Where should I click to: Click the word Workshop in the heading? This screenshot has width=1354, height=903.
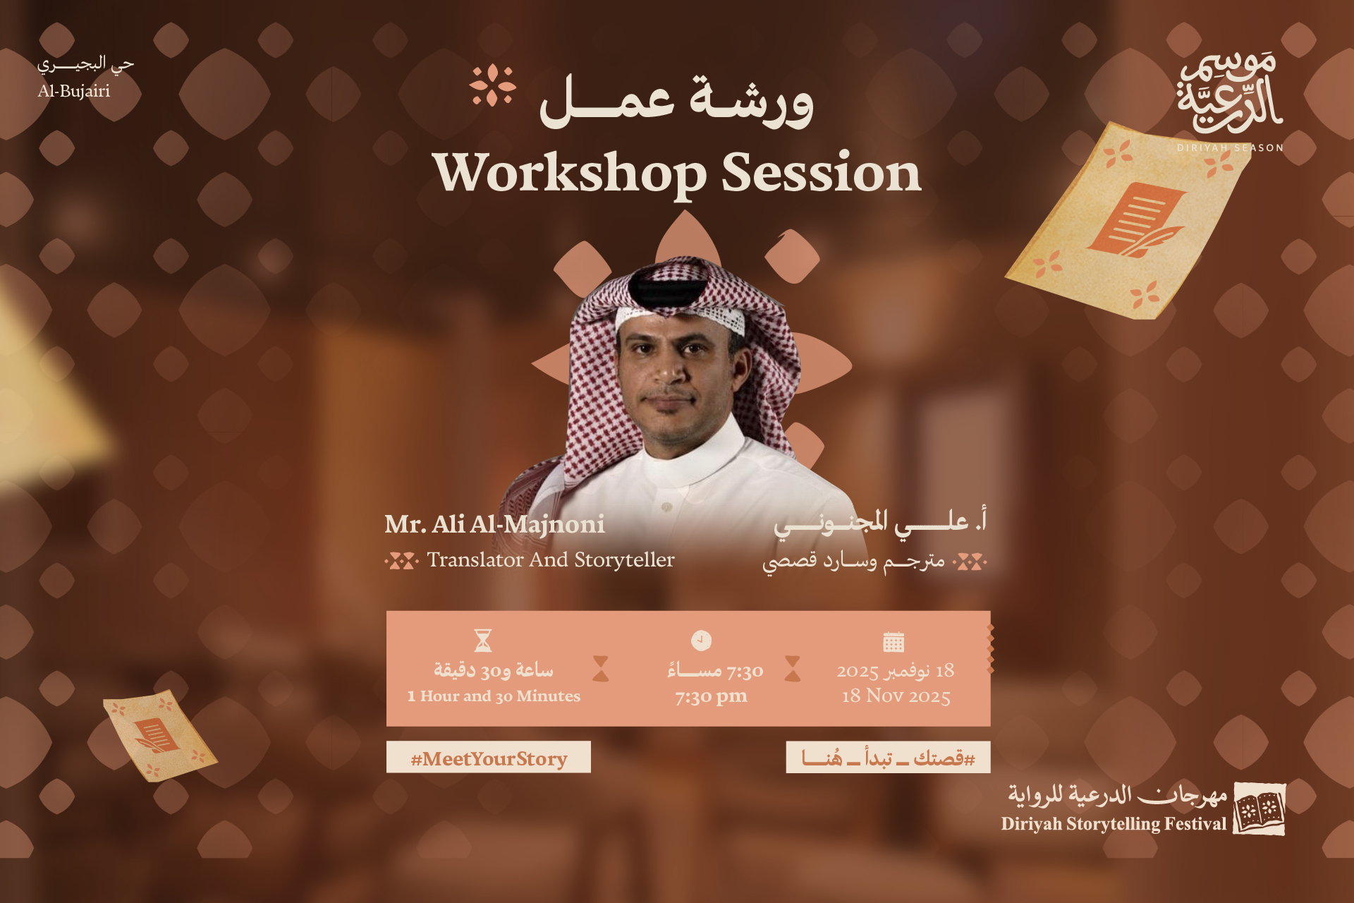tap(570, 173)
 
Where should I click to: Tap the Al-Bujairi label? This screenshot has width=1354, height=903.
tap(74, 91)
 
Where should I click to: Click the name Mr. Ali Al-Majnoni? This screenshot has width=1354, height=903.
tap(494, 524)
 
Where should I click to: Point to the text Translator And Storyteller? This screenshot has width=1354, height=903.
tap(551, 559)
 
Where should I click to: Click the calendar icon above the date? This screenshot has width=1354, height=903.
tap(893, 641)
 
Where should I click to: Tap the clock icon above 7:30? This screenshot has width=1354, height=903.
tap(701, 640)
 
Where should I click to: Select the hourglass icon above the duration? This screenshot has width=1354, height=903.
tap(483, 641)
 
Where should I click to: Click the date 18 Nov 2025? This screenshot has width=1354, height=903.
tap(896, 696)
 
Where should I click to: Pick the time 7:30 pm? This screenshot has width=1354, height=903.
tap(711, 696)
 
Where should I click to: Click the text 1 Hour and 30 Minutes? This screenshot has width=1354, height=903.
tap(494, 696)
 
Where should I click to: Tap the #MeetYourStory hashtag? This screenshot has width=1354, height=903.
tap(489, 758)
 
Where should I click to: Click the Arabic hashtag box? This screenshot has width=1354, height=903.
tap(888, 758)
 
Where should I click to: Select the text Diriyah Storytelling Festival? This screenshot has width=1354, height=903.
tap(1114, 824)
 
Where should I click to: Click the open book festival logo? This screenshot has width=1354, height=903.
tap(1260, 808)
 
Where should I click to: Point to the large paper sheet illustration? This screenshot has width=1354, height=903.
tap(1127, 221)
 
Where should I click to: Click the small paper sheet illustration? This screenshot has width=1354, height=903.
tap(159, 735)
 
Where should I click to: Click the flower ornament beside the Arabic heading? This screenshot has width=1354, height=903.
tap(493, 85)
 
